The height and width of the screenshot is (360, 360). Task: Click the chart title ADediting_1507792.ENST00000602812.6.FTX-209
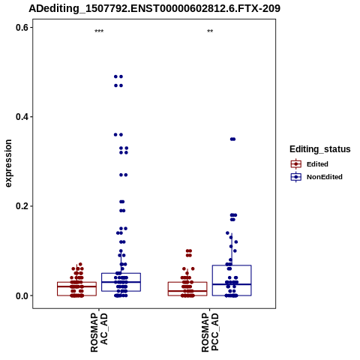(154, 8)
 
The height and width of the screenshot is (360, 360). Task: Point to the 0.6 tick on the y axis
(22, 28)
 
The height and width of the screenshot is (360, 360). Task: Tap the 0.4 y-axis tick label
(22, 117)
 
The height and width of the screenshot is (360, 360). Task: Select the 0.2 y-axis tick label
(22, 206)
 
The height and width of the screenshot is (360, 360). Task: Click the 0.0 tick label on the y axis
(22, 295)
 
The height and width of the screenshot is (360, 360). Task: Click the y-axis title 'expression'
(8, 163)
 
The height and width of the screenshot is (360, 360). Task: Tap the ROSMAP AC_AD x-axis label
(99, 332)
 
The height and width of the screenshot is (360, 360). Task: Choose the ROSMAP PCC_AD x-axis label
(210, 332)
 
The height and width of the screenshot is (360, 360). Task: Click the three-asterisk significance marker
(99, 31)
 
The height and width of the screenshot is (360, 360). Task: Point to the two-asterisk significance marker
(210, 31)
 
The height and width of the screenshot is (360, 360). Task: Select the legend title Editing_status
(320, 149)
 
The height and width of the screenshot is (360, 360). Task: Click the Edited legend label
(317, 164)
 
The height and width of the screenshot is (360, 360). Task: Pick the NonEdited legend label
(325, 177)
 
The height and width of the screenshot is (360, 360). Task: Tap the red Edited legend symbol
(296, 164)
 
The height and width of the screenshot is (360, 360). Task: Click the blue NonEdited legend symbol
(296, 177)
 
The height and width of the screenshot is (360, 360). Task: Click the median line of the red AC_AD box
(76, 286)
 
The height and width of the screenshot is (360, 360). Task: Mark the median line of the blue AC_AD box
(121, 282)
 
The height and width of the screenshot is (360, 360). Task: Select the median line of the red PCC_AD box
(187, 291)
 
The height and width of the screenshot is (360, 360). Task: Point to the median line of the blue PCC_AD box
(232, 284)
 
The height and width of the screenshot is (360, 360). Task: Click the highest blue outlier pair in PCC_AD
(232, 139)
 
